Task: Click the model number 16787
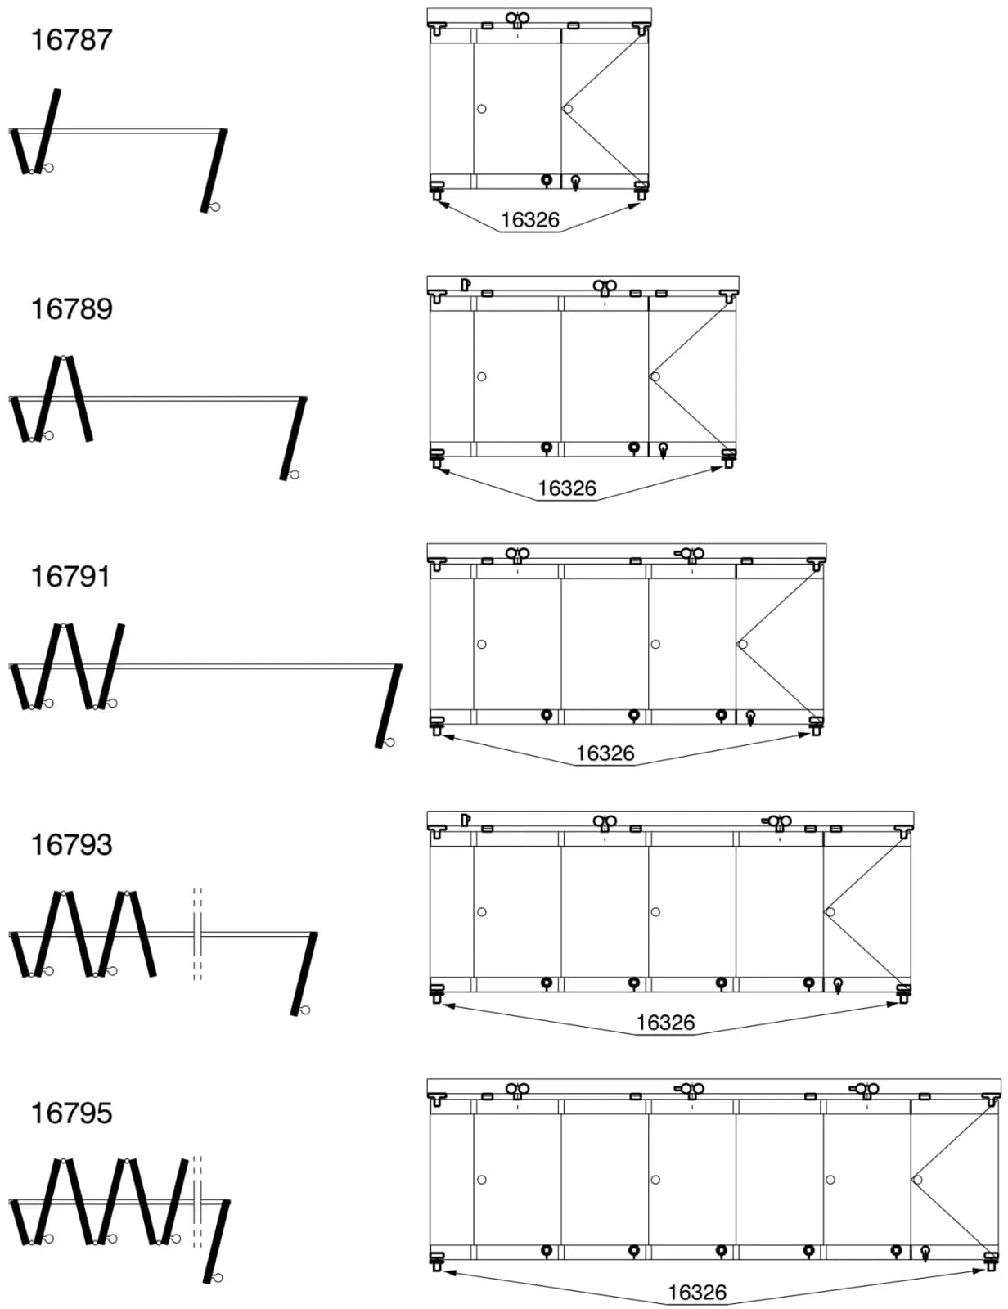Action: click(71, 40)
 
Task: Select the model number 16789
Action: click(71, 309)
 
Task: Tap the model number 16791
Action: click(70, 577)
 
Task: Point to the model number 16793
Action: click(71, 845)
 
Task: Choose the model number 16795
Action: click(71, 1113)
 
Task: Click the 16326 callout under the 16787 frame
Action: click(530, 220)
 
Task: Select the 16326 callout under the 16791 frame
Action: click(605, 753)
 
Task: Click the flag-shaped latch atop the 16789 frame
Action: click(466, 285)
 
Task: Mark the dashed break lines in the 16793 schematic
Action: click(197, 935)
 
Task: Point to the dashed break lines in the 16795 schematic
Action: click(197, 1203)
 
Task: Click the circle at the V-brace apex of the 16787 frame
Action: click(567, 109)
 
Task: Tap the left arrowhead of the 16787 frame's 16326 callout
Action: click(443, 205)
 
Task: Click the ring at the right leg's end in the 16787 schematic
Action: click(215, 207)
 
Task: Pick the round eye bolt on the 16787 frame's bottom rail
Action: click(547, 181)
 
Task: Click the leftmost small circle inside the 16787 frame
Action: click(481, 109)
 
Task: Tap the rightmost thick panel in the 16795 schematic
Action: click(217, 1242)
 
